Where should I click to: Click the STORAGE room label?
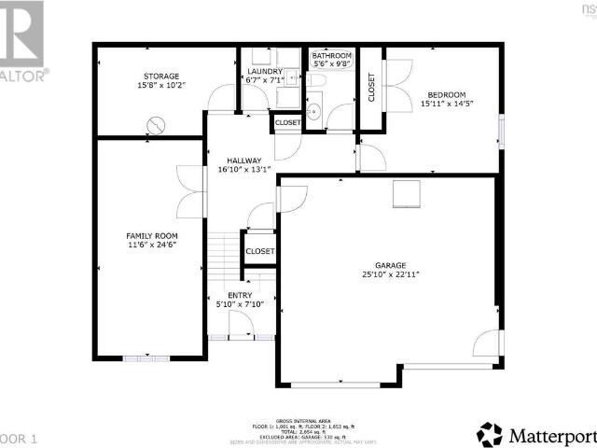coord(161,76)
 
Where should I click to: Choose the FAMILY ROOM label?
coord(152,235)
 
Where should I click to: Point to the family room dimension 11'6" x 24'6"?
coord(152,245)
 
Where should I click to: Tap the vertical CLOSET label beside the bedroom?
coord(371,87)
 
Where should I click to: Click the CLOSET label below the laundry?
coord(287,122)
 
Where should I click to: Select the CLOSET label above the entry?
coord(259,251)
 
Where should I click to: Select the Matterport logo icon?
coord(490,433)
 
